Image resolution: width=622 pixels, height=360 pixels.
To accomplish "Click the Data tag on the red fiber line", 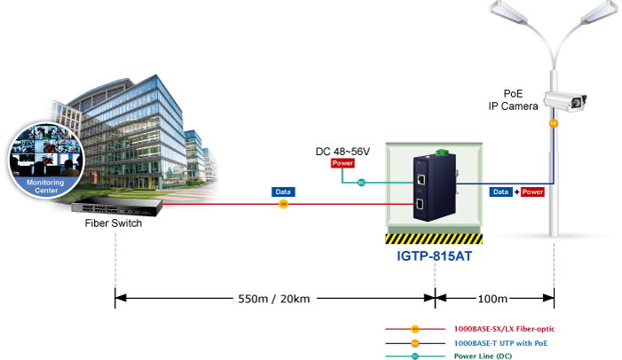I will pyautogui.click(x=283, y=191).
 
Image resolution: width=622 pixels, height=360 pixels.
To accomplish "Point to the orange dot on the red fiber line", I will pyautogui.click(x=284, y=204).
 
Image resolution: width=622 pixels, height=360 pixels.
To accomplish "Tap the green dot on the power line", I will pyautogui.click(x=361, y=184).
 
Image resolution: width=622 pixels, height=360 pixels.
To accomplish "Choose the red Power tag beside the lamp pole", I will pyautogui.click(x=532, y=192).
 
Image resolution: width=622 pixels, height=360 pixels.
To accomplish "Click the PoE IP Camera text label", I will pyautogui.click(x=513, y=100).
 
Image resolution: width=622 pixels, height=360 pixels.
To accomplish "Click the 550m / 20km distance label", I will pyautogui.click(x=273, y=299).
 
